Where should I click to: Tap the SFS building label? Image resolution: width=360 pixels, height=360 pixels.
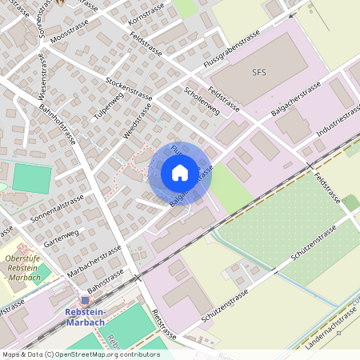tap(258, 72)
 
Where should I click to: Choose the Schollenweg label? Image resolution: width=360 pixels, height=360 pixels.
tap(201, 99)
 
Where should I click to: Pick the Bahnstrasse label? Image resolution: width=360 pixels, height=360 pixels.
tap(106, 278)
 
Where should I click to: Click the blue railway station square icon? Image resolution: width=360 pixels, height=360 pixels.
tap(85, 300)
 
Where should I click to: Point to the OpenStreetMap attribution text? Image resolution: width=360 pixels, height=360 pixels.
tap(81, 354)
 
